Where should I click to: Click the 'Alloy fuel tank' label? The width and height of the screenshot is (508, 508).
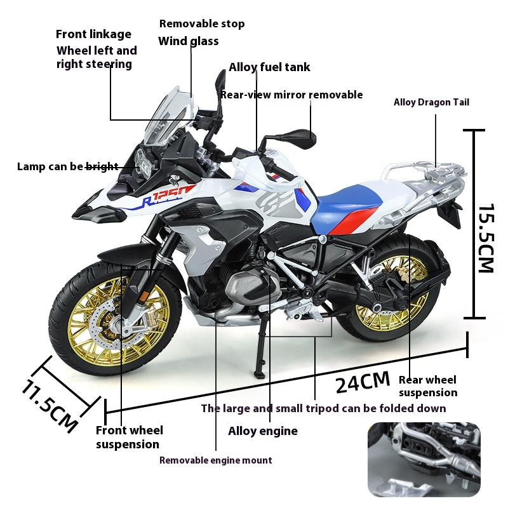tap(269, 67)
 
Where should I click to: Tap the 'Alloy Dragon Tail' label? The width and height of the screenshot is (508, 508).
tap(431, 102)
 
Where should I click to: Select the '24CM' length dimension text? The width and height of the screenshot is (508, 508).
tap(363, 381)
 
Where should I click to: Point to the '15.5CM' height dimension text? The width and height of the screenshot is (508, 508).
tap(485, 237)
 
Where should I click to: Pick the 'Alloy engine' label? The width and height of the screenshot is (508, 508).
tap(262, 431)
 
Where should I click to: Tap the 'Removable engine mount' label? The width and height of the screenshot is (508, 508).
tap(215, 460)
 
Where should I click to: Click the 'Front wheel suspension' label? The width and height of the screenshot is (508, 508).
tap(129, 438)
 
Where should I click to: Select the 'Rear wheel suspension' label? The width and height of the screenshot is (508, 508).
tap(427, 386)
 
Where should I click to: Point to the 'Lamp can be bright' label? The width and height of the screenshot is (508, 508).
tap(67, 166)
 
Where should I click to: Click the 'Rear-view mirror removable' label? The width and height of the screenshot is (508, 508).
tap(291, 95)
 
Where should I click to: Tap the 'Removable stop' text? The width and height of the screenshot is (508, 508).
tap(201, 24)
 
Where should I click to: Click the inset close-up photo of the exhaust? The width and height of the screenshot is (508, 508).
tap(424, 459)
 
